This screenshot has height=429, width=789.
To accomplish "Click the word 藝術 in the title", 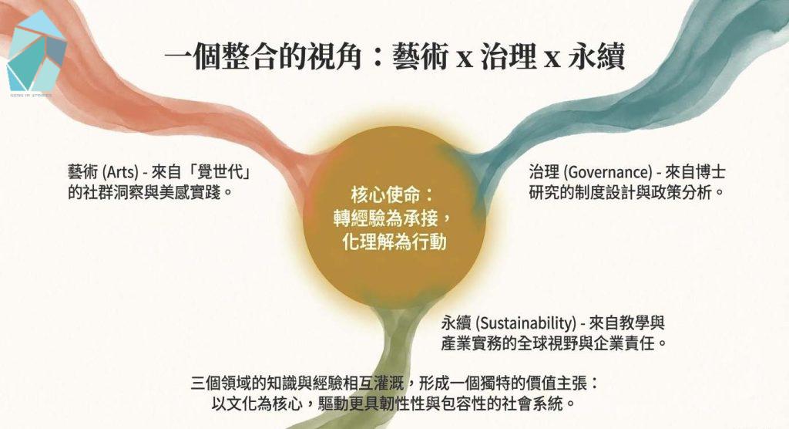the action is tap(421, 56).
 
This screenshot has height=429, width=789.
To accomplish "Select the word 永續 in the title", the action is tap(596, 56).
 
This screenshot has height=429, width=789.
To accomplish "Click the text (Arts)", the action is tap(119, 172).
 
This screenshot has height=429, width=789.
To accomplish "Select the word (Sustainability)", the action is tap(525, 323).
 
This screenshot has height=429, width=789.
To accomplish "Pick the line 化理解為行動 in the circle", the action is tap(394, 242).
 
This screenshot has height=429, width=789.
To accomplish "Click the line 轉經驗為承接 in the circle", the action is tap(385, 218).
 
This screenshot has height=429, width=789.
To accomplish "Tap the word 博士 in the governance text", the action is tap(710, 172).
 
